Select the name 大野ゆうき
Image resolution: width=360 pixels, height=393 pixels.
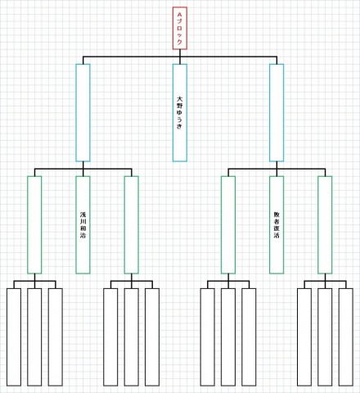[x=179, y=112]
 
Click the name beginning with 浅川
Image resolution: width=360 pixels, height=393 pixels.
[x=83, y=225]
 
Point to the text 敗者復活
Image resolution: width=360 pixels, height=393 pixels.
[x=277, y=225]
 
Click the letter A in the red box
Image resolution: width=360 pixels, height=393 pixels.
[x=180, y=14]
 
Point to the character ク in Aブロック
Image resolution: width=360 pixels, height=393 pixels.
[x=180, y=42]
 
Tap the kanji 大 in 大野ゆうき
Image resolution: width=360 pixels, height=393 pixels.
[x=179, y=99]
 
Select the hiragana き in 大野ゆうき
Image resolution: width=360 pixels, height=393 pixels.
[x=179, y=126]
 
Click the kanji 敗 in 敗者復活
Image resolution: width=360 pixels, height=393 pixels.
[x=277, y=215]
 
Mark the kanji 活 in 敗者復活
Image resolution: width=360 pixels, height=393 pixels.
[x=277, y=235]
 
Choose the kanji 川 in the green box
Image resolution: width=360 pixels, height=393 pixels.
[x=83, y=221]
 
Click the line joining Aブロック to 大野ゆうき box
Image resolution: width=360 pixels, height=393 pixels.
[x=180, y=56]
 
